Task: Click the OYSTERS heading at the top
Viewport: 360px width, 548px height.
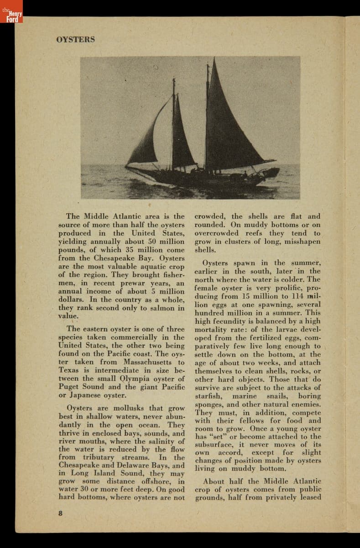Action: pos(75,39)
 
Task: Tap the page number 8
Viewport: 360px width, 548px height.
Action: pos(61,512)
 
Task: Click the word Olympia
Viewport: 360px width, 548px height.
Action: pos(136,379)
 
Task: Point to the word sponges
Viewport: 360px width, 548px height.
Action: pos(209,404)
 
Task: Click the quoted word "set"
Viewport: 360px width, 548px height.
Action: pos(216,437)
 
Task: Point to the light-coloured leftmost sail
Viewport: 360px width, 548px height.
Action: pos(148,139)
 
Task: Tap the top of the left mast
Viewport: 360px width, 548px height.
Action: pos(173,80)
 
